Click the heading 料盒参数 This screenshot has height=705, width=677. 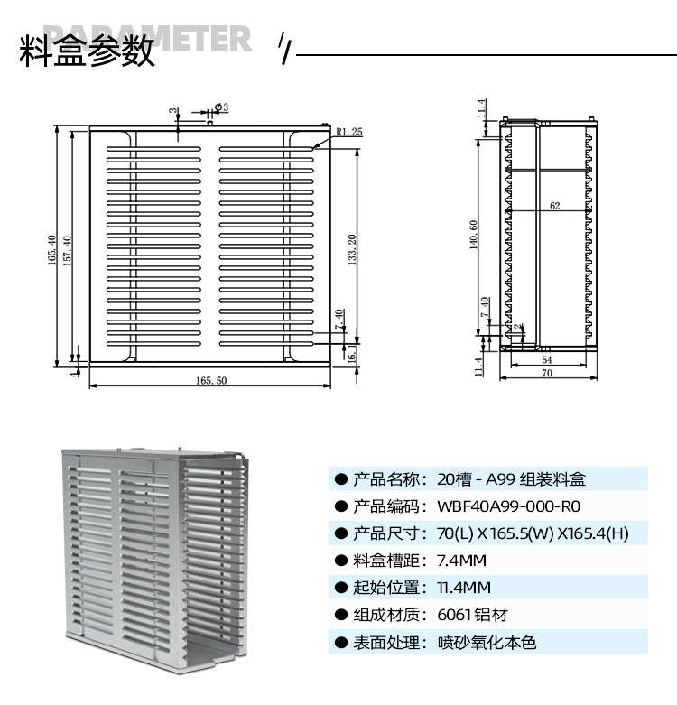86,52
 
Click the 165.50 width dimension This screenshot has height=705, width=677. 210,380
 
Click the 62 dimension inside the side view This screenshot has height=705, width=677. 554,206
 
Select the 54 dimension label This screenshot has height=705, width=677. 547,360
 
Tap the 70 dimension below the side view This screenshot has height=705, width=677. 547,372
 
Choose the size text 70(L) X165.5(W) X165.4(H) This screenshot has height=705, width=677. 533,533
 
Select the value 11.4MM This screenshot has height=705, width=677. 463,588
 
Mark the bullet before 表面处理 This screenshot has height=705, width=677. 341,643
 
